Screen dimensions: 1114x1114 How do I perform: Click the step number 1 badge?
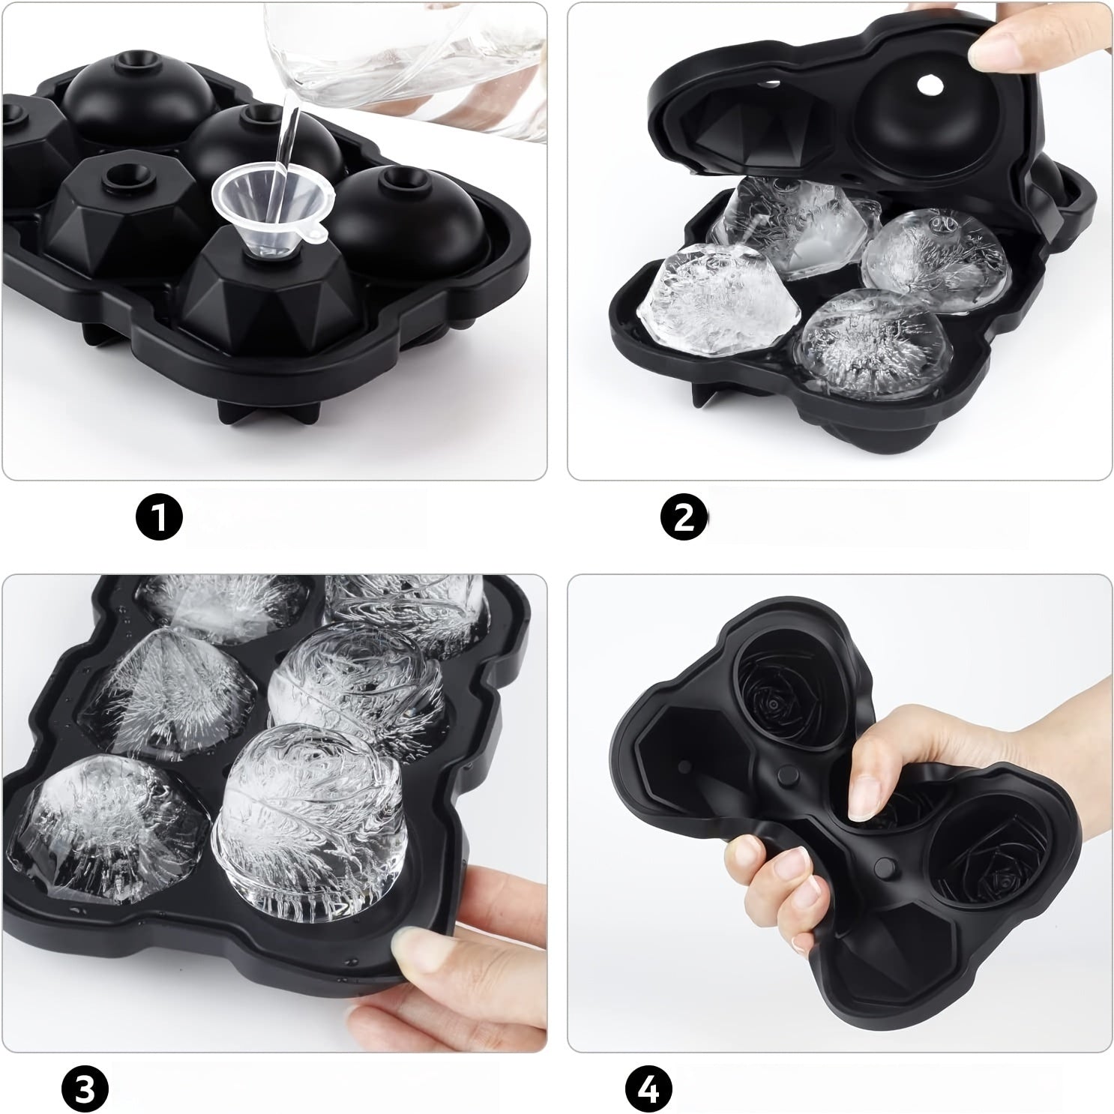tap(159, 517)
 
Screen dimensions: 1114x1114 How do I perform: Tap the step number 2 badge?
tap(684, 517)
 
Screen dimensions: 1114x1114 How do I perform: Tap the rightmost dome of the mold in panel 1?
tap(405, 225)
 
